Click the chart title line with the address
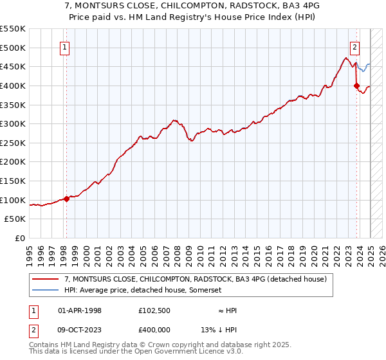pyautogui.click(x=193, y=4)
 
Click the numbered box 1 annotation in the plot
pyautogui.click(x=66, y=46)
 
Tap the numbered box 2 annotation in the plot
pyautogui.click(x=354, y=46)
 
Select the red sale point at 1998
pyautogui.click(x=66, y=199)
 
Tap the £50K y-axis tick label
pyautogui.click(x=15, y=219)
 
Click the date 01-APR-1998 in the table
pyautogui.click(x=80, y=310)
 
